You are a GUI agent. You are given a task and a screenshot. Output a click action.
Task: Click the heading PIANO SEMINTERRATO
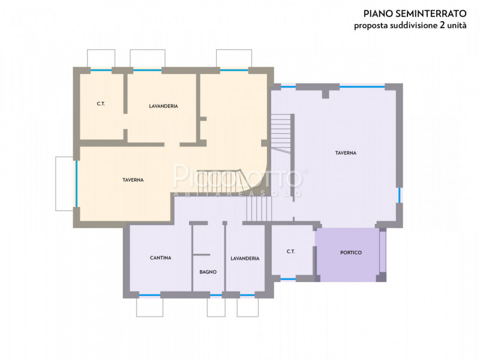[x=415, y=13]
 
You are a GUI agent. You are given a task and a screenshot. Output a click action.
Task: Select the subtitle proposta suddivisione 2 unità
[x=410, y=25]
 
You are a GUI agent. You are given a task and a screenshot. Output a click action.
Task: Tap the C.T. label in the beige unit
[x=101, y=104]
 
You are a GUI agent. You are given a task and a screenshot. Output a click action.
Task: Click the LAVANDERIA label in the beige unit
[x=163, y=106]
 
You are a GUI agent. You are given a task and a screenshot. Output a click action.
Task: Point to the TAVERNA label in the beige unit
[x=133, y=180]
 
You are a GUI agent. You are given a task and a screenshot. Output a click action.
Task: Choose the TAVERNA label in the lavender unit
[x=346, y=153]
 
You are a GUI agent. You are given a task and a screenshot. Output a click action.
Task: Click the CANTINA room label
[x=160, y=258]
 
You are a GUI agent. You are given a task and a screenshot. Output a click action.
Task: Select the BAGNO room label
[x=208, y=272]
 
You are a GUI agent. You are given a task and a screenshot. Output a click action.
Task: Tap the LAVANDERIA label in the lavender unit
[x=245, y=259]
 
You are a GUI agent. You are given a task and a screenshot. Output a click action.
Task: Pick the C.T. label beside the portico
[x=290, y=251]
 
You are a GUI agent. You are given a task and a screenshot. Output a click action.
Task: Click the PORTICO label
[x=351, y=253]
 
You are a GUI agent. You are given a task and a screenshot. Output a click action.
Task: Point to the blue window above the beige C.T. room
[x=100, y=70]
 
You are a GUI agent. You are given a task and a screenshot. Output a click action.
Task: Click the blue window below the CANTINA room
[x=149, y=295]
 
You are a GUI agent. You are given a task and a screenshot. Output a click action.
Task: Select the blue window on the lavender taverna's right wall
[x=399, y=195]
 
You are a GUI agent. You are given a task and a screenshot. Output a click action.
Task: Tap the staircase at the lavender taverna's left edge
[x=281, y=133]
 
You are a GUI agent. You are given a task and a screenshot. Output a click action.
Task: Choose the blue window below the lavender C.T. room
[x=288, y=279]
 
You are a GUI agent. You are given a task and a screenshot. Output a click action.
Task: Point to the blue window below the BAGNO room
[x=215, y=295]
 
